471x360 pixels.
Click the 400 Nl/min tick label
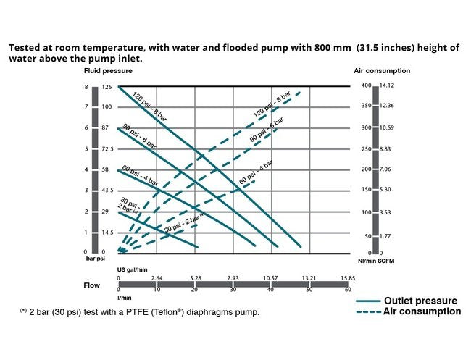pos(365,86)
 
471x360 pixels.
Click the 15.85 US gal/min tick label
pos(349,277)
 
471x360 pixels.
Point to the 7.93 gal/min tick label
pos(233,277)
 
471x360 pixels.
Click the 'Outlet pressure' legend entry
pos(420,300)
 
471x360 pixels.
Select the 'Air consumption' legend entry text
pos(422,311)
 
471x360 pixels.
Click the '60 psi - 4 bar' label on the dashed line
pos(256,172)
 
